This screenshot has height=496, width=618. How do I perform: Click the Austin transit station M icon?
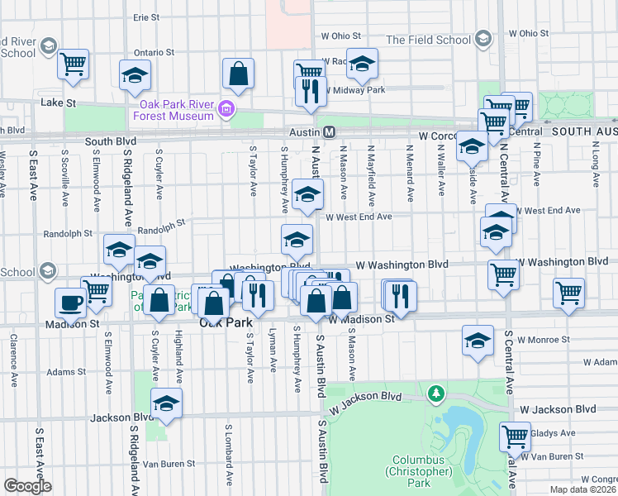coord(328,132)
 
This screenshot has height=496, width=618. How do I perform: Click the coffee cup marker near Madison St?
coord(71,303)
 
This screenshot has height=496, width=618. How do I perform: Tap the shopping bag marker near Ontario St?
coord(238,74)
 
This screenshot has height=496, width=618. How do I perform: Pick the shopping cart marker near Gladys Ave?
coord(515,436)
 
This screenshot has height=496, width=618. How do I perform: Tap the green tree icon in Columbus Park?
coord(435,393)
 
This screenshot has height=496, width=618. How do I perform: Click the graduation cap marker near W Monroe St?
coord(478,341)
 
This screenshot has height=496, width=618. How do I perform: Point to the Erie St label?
coord(145,17)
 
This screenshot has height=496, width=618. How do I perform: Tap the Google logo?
coord(27,486)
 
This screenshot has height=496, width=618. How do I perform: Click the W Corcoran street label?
coord(438,134)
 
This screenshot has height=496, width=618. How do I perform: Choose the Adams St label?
coord(66,372)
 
